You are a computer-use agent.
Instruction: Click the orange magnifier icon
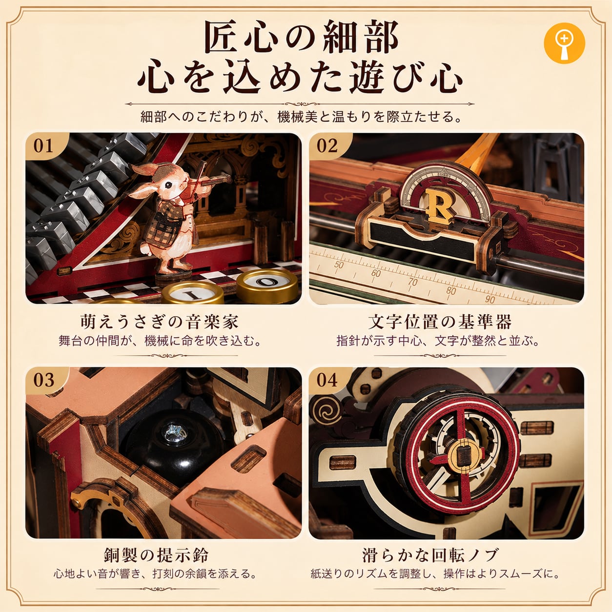(564, 43)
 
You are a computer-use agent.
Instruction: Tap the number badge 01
(44, 146)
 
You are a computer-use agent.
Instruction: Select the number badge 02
(327, 146)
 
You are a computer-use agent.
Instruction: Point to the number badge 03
(44, 380)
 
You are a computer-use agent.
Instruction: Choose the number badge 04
(327, 380)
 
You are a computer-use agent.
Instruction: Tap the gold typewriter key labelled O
(267, 286)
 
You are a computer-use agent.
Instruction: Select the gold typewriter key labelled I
(193, 294)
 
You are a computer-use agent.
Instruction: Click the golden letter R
(439, 205)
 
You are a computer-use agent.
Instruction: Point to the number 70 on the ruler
(413, 282)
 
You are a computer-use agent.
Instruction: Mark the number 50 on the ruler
(339, 265)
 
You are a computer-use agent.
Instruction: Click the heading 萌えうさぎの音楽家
(159, 322)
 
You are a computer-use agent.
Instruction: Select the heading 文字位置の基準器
(440, 322)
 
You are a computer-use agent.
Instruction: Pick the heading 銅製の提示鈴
(156, 555)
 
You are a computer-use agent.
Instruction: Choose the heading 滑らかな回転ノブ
(430, 555)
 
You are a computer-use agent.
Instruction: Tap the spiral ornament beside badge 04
(326, 412)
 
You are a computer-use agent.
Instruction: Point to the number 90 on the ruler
(490, 300)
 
